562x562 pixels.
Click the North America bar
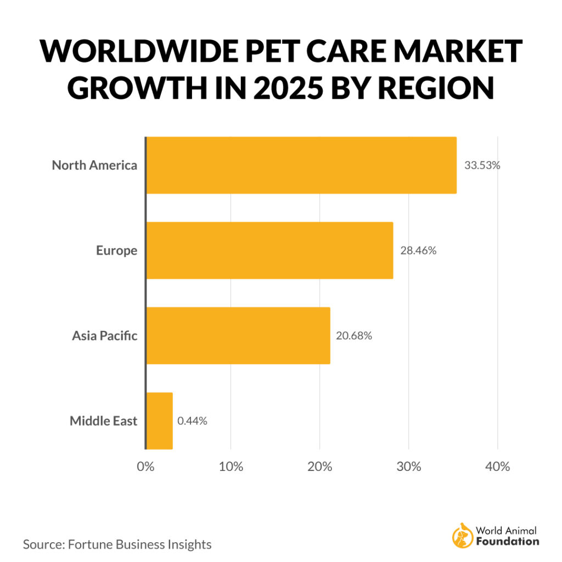pyautogui.click(x=301, y=165)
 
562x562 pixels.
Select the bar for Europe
pyautogui.click(x=269, y=250)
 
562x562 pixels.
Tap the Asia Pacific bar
pyautogui.click(x=238, y=336)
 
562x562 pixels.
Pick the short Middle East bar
pyautogui.click(x=160, y=421)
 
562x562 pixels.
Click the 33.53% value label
pyautogui.click(x=482, y=165)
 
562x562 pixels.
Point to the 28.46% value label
pyautogui.click(x=418, y=251)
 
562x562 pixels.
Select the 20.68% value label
pyautogui.click(x=354, y=336)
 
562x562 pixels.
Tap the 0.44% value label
pyautogui.click(x=192, y=421)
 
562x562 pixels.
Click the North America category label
pyautogui.click(x=94, y=165)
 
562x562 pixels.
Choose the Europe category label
pyautogui.click(x=116, y=251)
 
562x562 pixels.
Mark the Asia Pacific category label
pyautogui.click(x=104, y=336)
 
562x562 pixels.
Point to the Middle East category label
pyautogui.click(x=103, y=421)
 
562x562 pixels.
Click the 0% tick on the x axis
pyautogui.click(x=145, y=467)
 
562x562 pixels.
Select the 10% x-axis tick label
pyautogui.click(x=231, y=467)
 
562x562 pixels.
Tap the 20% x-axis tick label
pyautogui.click(x=320, y=467)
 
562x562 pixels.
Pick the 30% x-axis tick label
pyautogui.click(x=409, y=467)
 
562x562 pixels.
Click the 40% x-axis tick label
pyautogui.click(x=497, y=467)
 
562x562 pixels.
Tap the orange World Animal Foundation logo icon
pyautogui.click(x=461, y=536)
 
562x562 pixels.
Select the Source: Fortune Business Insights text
pyautogui.click(x=117, y=544)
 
